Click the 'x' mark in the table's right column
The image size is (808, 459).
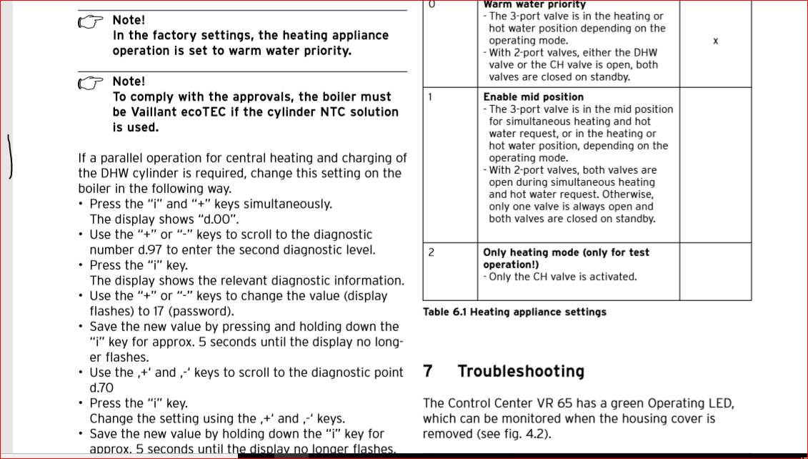pyautogui.click(x=715, y=41)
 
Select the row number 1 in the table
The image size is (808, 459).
pyautogui.click(x=430, y=97)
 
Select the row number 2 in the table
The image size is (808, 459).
pyautogui.click(x=431, y=252)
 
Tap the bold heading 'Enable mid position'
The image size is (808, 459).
pyautogui.click(x=533, y=97)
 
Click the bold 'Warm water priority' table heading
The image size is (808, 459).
pyautogui.click(x=534, y=5)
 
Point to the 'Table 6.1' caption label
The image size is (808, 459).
pyautogui.click(x=444, y=312)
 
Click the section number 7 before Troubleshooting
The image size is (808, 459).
pyautogui.click(x=427, y=372)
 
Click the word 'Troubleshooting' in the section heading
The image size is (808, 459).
pyautogui.click(x=521, y=372)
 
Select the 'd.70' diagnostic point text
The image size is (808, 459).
pyautogui.click(x=101, y=388)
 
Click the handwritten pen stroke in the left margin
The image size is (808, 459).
pyautogui.click(x=11, y=155)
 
